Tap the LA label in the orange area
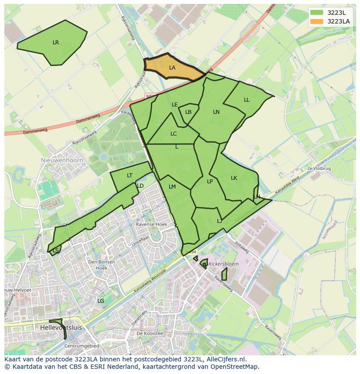click(x=172, y=68)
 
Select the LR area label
click(x=56, y=43)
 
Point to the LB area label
click(x=188, y=112)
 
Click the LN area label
click(x=216, y=112)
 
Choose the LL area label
click(x=247, y=100)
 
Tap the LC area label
click(x=173, y=134)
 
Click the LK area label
click(x=234, y=178)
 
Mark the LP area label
click(x=210, y=182)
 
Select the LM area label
click(x=172, y=187)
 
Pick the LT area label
click(x=130, y=175)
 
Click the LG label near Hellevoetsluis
click(x=100, y=301)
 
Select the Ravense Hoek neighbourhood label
click(x=151, y=225)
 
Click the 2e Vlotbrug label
click(x=319, y=168)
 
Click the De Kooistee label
click(x=150, y=334)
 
